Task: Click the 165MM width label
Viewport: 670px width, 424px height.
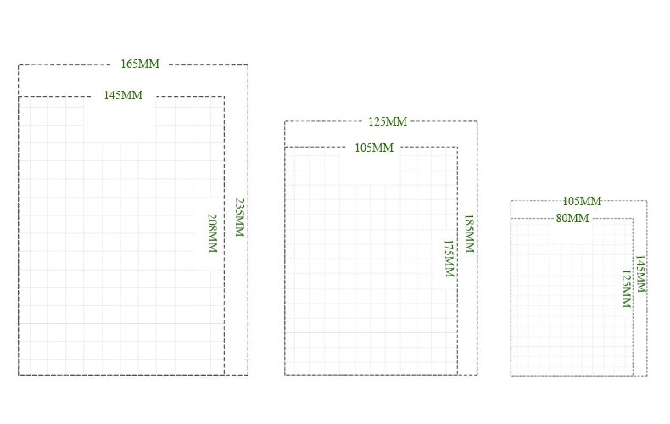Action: coord(140,64)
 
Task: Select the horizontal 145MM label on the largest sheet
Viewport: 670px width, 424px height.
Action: coord(123,96)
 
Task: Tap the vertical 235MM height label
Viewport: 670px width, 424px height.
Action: coord(240,217)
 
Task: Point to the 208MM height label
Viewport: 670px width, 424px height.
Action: coord(213,233)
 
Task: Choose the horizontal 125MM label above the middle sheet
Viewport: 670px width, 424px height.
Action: coord(388,121)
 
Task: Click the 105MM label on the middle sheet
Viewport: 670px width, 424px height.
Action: coord(374,148)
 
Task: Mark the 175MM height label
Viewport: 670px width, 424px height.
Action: coord(449,259)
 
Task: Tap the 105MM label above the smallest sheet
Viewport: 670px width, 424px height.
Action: coord(582,201)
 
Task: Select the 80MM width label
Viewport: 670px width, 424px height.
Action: coord(572,218)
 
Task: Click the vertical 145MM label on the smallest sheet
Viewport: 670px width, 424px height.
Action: coord(641,274)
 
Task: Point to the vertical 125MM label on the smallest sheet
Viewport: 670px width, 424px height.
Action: coord(627,289)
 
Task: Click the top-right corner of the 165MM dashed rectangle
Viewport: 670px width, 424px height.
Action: coord(248,65)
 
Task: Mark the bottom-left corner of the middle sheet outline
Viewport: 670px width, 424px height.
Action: coord(285,375)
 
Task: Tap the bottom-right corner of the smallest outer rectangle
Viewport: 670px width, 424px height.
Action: coord(647,375)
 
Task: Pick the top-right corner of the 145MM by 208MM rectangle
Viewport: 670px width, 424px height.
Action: coord(224,97)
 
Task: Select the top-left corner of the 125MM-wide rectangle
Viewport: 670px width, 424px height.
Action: coord(285,121)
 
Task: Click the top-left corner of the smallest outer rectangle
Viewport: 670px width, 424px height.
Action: coord(511,201)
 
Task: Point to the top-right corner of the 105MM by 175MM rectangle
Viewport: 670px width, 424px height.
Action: coord(457,148)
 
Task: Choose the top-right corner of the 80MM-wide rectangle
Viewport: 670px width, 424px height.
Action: coord(634,219)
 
